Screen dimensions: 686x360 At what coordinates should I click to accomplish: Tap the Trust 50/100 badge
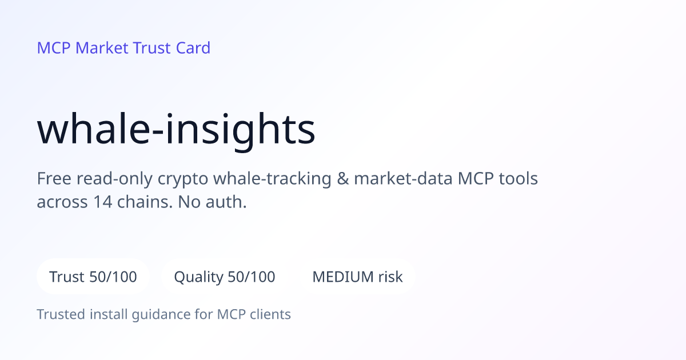tap(93, 277)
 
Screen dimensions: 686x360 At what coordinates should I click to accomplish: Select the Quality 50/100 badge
tap(225, 277)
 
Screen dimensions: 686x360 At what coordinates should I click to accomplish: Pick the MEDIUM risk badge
tap(357, 277)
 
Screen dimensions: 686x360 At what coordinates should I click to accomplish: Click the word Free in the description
tap(54, 178)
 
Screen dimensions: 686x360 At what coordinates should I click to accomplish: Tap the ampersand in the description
tap(342, 178)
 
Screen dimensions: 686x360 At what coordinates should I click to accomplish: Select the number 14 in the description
tap(102, 202)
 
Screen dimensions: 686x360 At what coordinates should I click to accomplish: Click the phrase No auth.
tap(212, 202)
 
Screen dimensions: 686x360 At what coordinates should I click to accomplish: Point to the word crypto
tap(183, 179)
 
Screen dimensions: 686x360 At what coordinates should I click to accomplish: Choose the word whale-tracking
tap(272, 179)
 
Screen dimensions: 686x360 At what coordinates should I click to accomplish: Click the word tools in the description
tap(519, 178)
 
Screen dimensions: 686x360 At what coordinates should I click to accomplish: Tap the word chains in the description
tap(145, 202)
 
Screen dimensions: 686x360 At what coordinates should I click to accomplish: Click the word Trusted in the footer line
tap(61, 314)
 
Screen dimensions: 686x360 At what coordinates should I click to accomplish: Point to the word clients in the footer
tap(270, 314)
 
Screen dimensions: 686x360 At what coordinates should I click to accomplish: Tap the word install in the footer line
tap(109, 314)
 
